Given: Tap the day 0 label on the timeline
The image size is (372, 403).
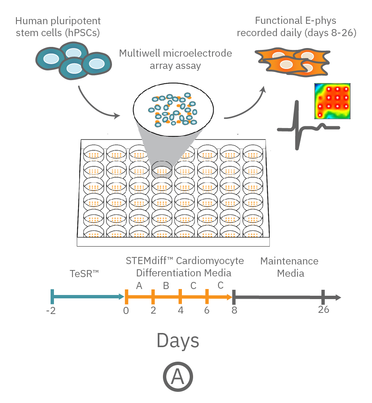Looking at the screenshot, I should tap(126, 311).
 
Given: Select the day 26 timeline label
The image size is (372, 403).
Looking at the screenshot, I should tap(324, 310).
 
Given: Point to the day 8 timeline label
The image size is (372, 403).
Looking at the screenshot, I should tap(234, 310).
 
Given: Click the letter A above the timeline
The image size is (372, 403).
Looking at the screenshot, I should tap(139, 286).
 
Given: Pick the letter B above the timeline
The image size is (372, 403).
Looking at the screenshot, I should tap(166, 286).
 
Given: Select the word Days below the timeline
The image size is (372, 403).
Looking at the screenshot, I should tap(178, 340).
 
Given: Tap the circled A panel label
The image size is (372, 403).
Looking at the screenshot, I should tap(178, 377).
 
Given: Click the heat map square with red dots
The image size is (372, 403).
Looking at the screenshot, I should tap(333, 101).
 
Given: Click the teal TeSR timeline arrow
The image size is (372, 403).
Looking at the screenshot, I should tap(87, 296).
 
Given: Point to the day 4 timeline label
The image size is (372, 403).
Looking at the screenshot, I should tap(180, 311).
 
